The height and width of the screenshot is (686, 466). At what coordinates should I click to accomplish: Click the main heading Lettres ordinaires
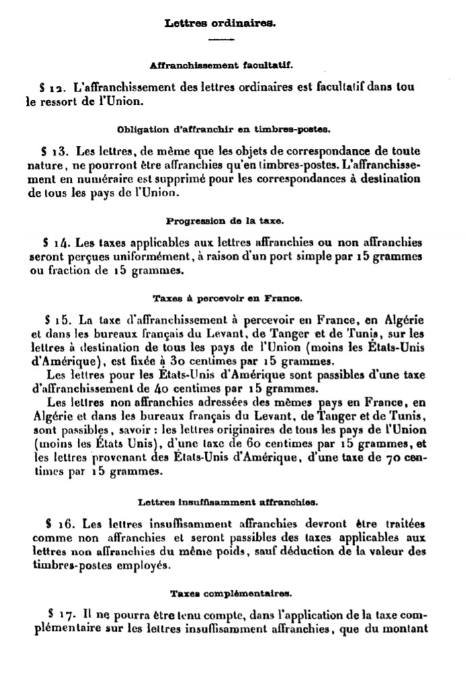pos(221,23)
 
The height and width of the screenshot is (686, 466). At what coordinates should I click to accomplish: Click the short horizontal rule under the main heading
pos(221,42)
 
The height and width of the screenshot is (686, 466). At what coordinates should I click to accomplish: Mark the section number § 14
pos(52,242)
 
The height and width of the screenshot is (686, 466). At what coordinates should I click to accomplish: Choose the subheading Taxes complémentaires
pos(221,593)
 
